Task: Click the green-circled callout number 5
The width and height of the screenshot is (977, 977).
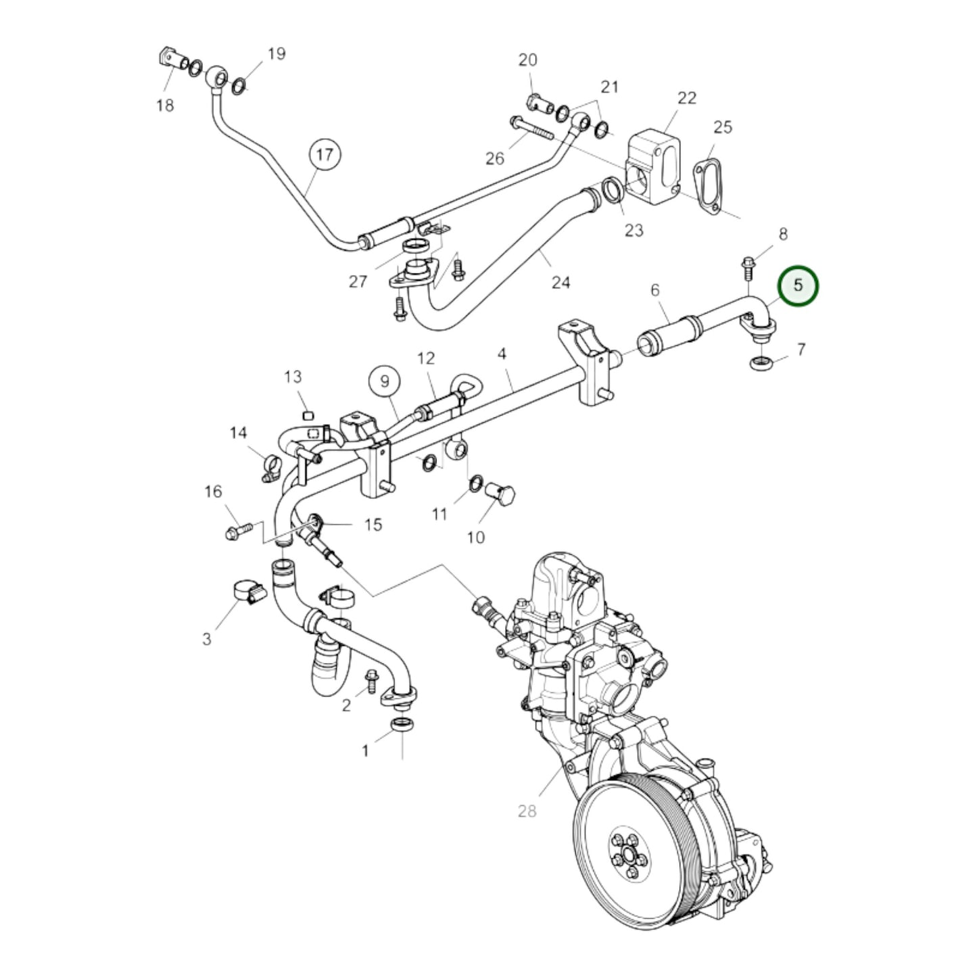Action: pos(798,285)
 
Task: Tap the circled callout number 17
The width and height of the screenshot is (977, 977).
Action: pos(325,156)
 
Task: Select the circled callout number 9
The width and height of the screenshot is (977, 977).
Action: pos(385,381)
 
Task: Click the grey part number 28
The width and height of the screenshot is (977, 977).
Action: pos(527,810)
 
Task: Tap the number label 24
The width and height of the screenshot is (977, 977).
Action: pos(561,282)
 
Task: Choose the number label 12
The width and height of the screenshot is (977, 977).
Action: pos(426,358)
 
